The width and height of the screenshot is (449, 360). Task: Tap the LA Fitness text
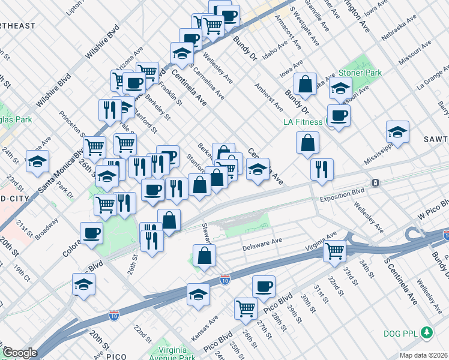tap(303, 122)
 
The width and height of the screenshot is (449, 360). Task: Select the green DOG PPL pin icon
tap(427, 331)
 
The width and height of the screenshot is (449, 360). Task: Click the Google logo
tap(20, 353)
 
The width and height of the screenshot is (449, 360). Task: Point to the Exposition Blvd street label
tap(342, 198)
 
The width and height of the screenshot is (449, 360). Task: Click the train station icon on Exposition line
tap(375, 182)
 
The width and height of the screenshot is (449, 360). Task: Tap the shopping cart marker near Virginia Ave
tap(335, 250)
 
